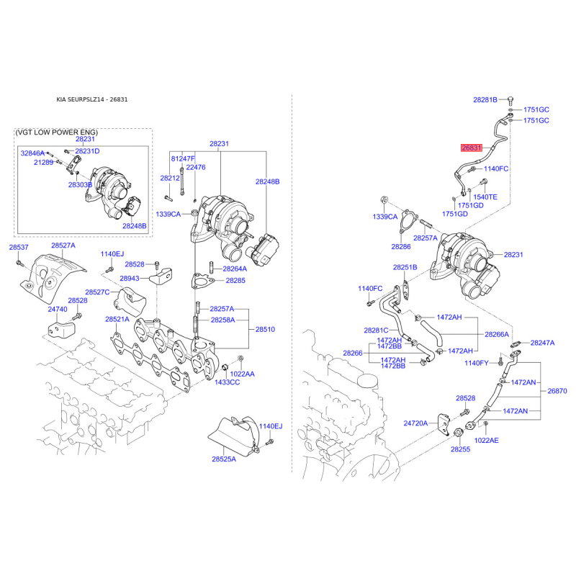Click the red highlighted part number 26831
click(472, 148)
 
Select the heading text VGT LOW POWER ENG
click(57, 132)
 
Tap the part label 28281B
click(485, 99)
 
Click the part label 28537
click(19, 247)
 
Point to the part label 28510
click(265, 329)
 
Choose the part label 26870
click(557, 391)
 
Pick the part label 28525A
click(224, 459)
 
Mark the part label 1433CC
click(227, 382)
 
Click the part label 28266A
click(497, 334)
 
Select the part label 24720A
click(415, 423)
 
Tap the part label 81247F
click(183, 158)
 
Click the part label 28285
click(235, 280)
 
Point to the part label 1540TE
click(485, 197)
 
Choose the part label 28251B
click(405, 267)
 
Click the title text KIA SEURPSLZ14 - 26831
click(92, 99)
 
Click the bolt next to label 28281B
click(510, 100)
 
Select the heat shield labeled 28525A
click(235, 435)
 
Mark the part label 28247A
click(542, 343)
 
